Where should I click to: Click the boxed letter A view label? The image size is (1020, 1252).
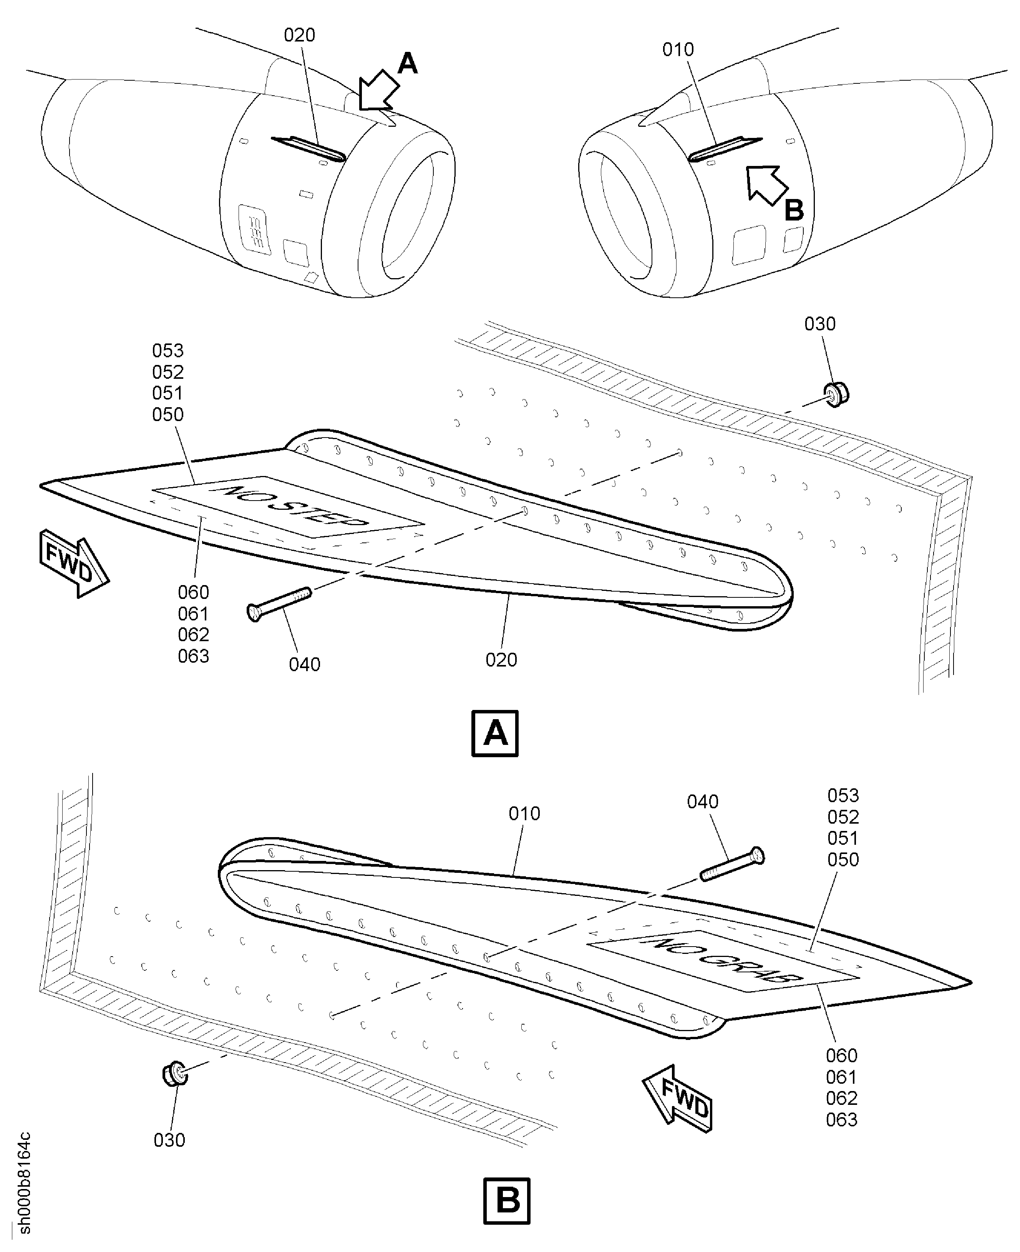point(495,733)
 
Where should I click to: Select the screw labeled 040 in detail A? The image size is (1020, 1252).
point(279,604)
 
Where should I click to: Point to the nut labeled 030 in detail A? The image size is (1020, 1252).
point(836,394)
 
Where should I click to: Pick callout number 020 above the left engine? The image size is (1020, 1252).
point(300,35)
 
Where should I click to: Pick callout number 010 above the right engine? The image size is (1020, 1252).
point(678,49)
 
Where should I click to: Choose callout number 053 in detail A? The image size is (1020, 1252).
point(168,351)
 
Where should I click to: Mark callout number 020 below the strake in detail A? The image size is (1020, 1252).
point(501,660)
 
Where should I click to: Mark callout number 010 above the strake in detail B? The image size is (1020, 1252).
point(524,814)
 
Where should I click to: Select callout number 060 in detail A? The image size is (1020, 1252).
point(193,592)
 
